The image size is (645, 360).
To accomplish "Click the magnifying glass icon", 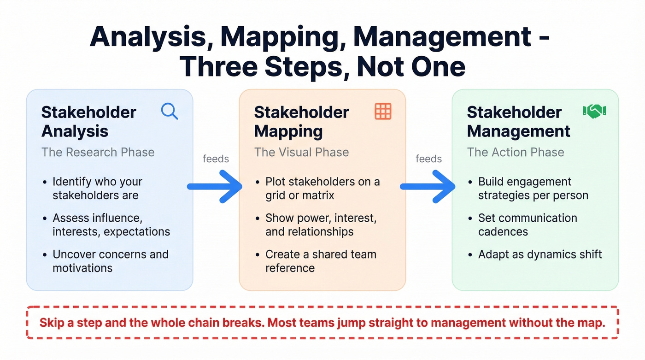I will point(169,112).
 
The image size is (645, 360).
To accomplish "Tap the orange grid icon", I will point(383,112).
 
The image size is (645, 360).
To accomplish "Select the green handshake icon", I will point(594,111).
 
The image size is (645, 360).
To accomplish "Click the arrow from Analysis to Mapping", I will point(215,186).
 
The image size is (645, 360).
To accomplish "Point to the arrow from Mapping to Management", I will point(428,186).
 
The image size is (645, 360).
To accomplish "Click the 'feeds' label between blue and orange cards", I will point(216,159).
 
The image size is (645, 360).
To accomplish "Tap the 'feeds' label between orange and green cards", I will point(428,159).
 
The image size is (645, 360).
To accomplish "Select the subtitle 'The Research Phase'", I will point(98,153).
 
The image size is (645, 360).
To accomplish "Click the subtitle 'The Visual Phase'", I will point(301,153).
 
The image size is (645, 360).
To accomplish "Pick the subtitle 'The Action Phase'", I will point(515,153).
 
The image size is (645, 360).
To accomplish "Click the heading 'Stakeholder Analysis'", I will point(88,122).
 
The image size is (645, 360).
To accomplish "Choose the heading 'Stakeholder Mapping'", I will point(301,122).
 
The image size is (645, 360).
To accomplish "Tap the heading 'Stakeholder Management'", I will point(518,122).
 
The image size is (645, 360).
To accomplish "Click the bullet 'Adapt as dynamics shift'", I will point(540,254).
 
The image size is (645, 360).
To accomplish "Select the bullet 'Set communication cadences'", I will point(527,224).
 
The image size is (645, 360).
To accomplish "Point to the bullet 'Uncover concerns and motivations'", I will point(110,261).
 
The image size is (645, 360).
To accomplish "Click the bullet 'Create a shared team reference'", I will point(320,261).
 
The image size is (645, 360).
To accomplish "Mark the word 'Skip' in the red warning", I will point(52,323).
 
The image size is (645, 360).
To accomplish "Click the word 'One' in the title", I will point(437,67).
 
